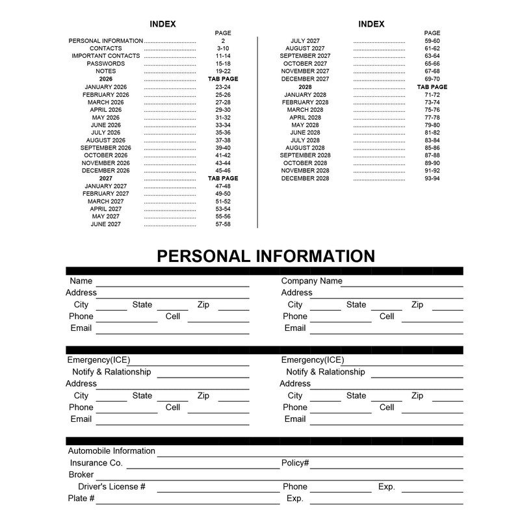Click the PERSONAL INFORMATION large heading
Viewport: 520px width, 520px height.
click(x=265, y=255)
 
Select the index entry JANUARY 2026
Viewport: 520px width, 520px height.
click(x=106, y=87)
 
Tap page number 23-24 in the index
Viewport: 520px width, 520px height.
click(x=223, y=87)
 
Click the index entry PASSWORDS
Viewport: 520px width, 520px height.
click(x=106, y=64)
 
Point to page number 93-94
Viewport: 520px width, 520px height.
click(x=432, y=178)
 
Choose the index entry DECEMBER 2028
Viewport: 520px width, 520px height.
click(x=305, y=178)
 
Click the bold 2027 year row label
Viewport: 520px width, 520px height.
click(x=106, y=178)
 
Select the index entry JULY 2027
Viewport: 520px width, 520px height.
click(x=305, y=41)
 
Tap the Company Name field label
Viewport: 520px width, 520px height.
click(x=311, y=281)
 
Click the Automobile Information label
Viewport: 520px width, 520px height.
click(x=112, y=451)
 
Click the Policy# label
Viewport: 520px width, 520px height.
click(x=295, y=463)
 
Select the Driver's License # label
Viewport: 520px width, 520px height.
click(x=112, y=487)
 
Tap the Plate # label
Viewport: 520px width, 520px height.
click(x=81, y=499)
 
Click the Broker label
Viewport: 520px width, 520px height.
click(x=81, y=474)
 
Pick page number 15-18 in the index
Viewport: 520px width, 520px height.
click(x=223, y=64)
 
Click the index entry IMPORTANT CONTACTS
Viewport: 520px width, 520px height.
click(x=106, y=56)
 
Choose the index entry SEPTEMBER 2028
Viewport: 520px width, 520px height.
click(x=305, y=155)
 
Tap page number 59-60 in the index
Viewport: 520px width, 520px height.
click(x=432, y=41)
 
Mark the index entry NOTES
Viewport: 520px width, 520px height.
click(x=106, y=71)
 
